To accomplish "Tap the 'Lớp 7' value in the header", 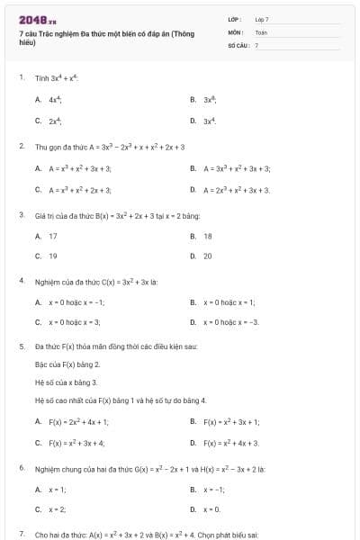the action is tap(262, 18).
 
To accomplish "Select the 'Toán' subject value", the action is tap(261, 31).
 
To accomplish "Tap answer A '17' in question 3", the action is tap(53, 236).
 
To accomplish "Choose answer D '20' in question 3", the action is tap(208, 256).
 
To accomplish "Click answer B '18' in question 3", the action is tap(208, 236).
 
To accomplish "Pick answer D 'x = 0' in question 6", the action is tap(212, 508).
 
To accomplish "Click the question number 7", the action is tap(22, 534).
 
